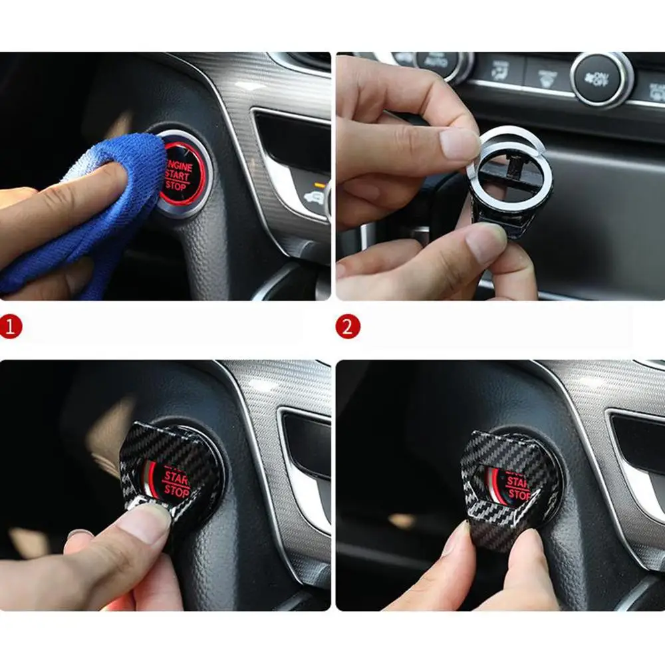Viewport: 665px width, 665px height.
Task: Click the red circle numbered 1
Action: (11, 327)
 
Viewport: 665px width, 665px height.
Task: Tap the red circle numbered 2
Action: (348, 327)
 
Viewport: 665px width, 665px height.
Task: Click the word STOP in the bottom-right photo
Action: (518, 495)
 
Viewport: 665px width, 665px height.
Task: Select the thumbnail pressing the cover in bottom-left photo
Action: (143, 522)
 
